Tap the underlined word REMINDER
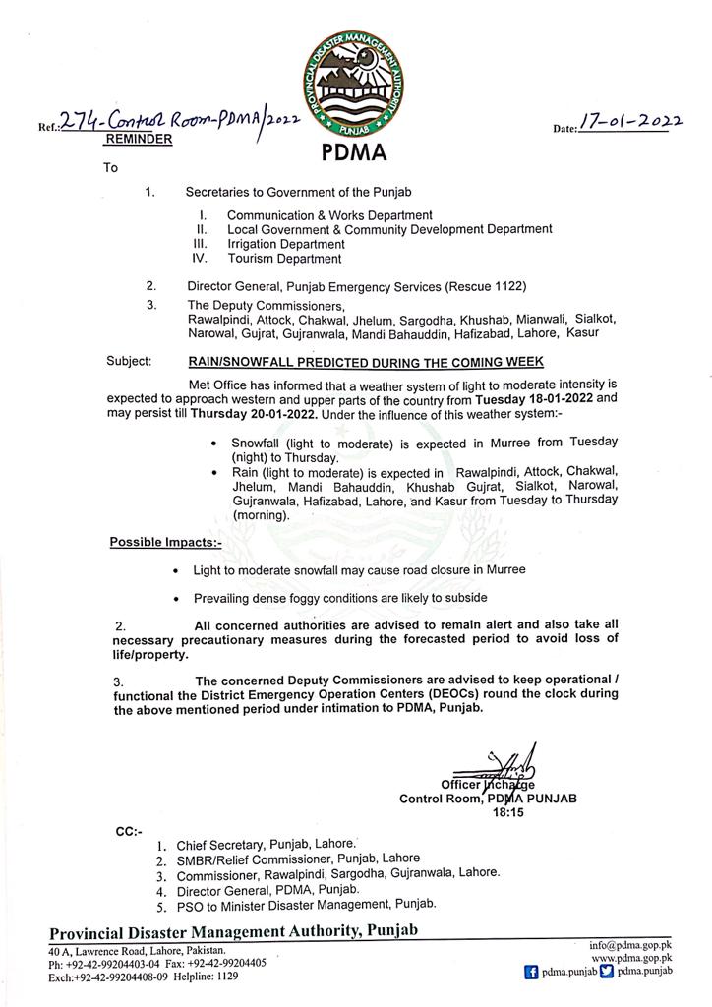tap(138, 141)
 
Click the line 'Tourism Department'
tap(284, 259)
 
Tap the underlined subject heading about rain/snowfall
tap(366, 362)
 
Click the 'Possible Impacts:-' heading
tap(166, 541)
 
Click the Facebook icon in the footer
tap(531, 970)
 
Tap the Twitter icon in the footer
tap(606, 970)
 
